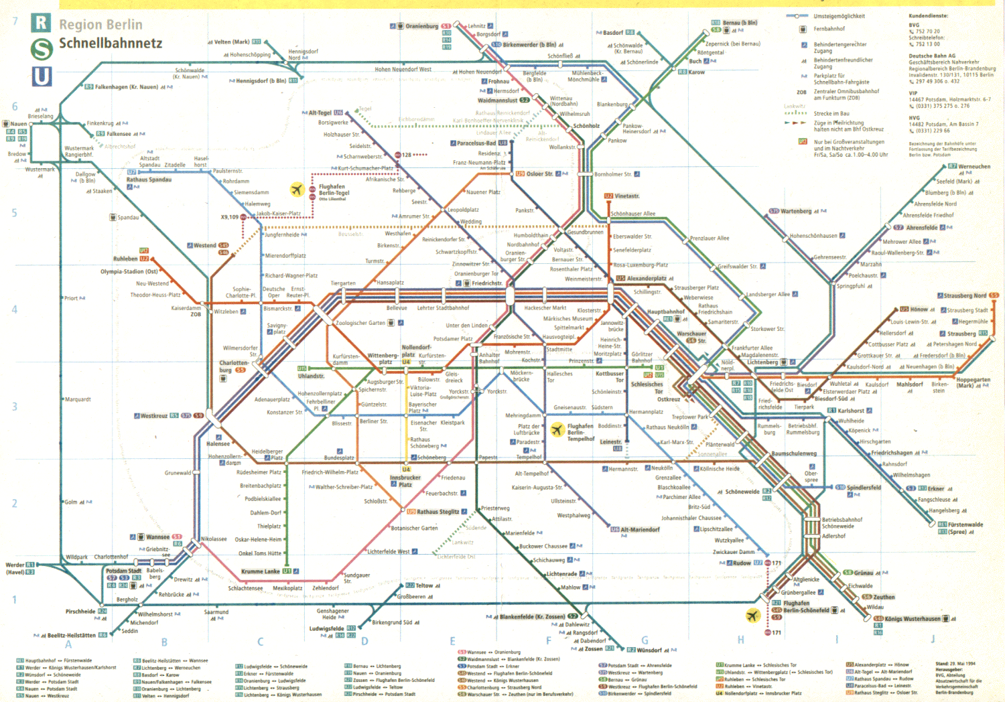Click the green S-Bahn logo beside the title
42,50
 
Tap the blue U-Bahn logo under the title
42,76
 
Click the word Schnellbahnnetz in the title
111,44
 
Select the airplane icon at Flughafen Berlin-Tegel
297,190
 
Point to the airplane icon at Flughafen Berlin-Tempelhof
557,429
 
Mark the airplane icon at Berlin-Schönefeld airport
752,615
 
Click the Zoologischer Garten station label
360,323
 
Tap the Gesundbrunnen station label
586,232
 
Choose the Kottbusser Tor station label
610,376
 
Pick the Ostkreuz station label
668,399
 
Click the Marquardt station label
78,399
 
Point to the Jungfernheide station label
282,235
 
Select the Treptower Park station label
690,417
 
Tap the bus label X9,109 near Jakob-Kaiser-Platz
230,217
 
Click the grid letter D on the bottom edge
364,641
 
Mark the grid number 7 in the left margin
15,21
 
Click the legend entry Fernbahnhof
829,29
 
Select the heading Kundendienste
929,15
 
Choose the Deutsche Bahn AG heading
932,56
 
